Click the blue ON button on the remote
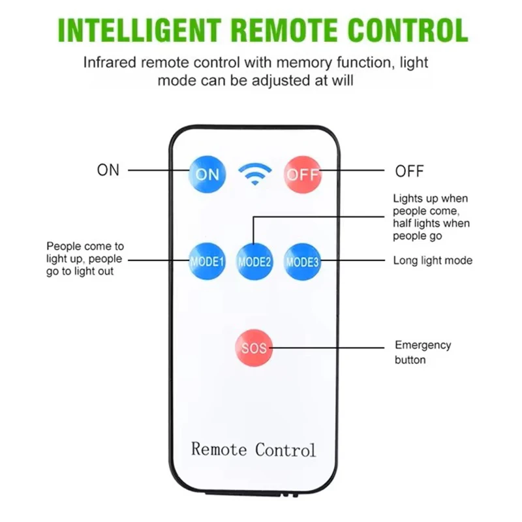(207, 174)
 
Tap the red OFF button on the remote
(303, 174)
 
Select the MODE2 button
(254, 262)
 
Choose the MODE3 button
(302, 262)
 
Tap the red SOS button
(254, 348)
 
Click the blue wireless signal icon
(255, 174)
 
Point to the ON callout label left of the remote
(108, 170)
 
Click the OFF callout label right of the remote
(409, 172)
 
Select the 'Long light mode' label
(433, 260)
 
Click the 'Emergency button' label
(423, 352)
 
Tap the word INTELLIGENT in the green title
(140, 30)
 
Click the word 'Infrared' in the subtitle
(110, 62)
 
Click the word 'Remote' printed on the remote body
(219, 449)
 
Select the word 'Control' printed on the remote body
(285, 450)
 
